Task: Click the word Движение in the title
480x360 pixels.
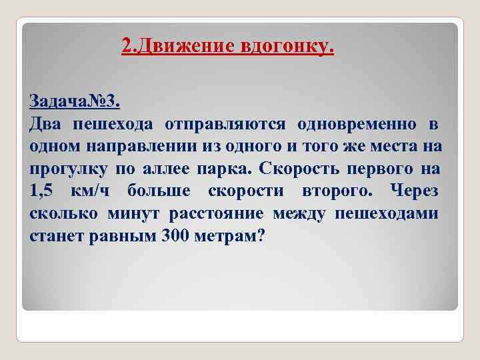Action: tap(182, 46)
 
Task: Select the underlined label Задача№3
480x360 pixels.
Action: tap(75, 101)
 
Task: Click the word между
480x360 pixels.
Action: tap(295, 214)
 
